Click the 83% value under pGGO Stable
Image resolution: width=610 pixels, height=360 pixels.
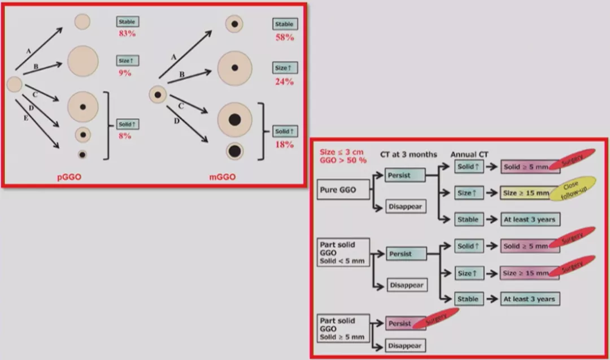[127, 34]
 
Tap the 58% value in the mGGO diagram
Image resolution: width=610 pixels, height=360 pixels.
[284, 37]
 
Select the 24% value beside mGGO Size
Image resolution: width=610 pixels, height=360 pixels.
[284, 81]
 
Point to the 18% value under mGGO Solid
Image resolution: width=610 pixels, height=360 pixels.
[284, 145]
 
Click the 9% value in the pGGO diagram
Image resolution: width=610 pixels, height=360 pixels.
[125, 72]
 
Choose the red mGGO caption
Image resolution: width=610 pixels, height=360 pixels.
[223, 177]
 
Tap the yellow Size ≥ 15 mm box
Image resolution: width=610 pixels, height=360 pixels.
[525, 193]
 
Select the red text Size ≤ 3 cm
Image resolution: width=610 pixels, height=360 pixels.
[342, 151]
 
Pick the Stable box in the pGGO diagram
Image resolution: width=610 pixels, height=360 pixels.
[127, 22]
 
